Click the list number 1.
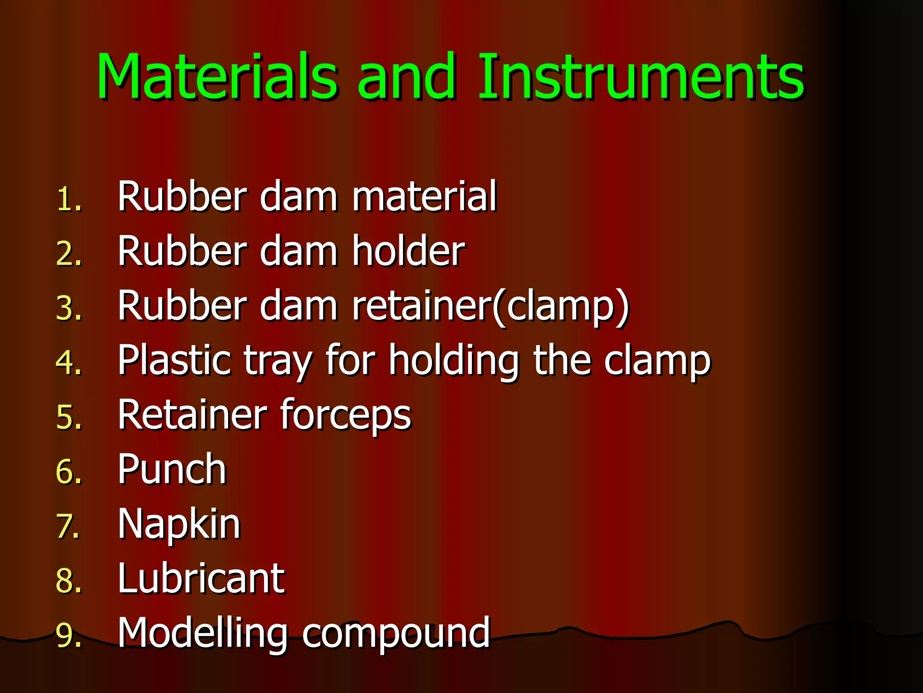pyautogui.click(x=69, y=199)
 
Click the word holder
pyautogui.click(x=408, y=251)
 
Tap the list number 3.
pyautogui.click(x=69, y=309)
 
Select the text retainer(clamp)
pyautogui.click(x=490, y=306)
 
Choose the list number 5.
pyautogui.click(x=69, y=417)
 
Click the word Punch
pyautogui.click(x=172, y=469)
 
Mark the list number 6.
pyautogui.click(x=69, y=472)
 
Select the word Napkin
pyautogui.click(x=179, y=524)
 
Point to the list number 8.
pyautogui.click(x=69, y=581)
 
